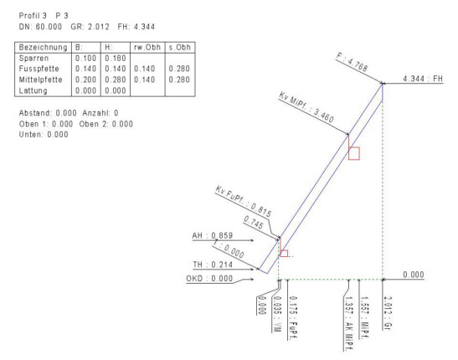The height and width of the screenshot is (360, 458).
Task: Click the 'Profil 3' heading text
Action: (33, 15)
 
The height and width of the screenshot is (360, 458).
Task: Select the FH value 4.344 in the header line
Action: (144, 27)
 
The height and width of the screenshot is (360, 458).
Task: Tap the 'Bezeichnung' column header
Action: (43, 47)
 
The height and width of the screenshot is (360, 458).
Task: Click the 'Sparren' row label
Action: (33, 59)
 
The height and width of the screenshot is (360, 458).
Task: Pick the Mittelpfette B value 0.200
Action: (85, 80)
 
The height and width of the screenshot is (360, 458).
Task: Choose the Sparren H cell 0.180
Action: (116, 58)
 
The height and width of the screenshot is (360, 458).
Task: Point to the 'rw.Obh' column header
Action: (147, 47)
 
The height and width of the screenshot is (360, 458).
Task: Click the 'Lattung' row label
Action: (33, 90)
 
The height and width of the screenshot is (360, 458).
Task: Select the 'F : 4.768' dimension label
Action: (352, 62)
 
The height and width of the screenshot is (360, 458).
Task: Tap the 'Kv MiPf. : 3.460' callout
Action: (306, 107)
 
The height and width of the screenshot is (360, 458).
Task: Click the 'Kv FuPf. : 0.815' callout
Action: (244, 202)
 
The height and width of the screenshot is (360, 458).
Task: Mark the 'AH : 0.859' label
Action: (213, 235)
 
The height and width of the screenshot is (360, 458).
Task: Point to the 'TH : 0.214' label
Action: (213, 265)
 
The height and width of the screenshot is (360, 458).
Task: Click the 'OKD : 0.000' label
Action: (209, 279)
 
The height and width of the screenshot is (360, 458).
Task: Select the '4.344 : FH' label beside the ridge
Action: (423, 79)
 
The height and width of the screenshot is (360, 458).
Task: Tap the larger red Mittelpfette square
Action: (354, 153)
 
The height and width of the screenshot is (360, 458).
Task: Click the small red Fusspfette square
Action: (284, 254)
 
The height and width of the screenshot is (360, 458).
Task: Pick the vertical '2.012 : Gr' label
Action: (388, 313)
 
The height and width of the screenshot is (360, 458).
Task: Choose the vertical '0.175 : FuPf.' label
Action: (293, 318)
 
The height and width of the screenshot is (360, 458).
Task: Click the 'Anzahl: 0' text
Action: (100, 113)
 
